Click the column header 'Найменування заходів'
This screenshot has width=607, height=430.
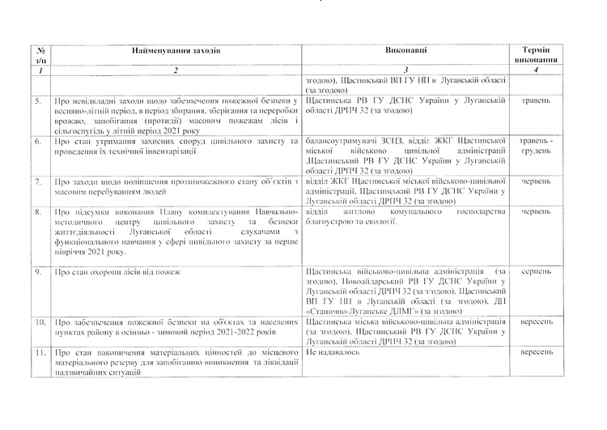pos(176,51)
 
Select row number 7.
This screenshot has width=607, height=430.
pos(39,182)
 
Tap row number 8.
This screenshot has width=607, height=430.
pos(39,212)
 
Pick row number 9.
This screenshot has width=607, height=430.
pos(39,272)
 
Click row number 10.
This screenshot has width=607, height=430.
pos(39,321)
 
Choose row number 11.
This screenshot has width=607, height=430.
pos(39,354)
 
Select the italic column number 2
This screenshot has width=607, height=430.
pos(176,71)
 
